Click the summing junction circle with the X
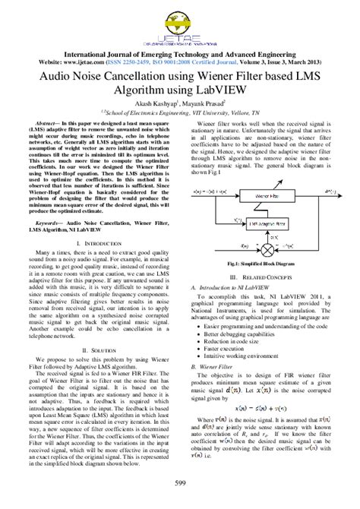pos(267,248)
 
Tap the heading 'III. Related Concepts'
pos(264,278)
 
